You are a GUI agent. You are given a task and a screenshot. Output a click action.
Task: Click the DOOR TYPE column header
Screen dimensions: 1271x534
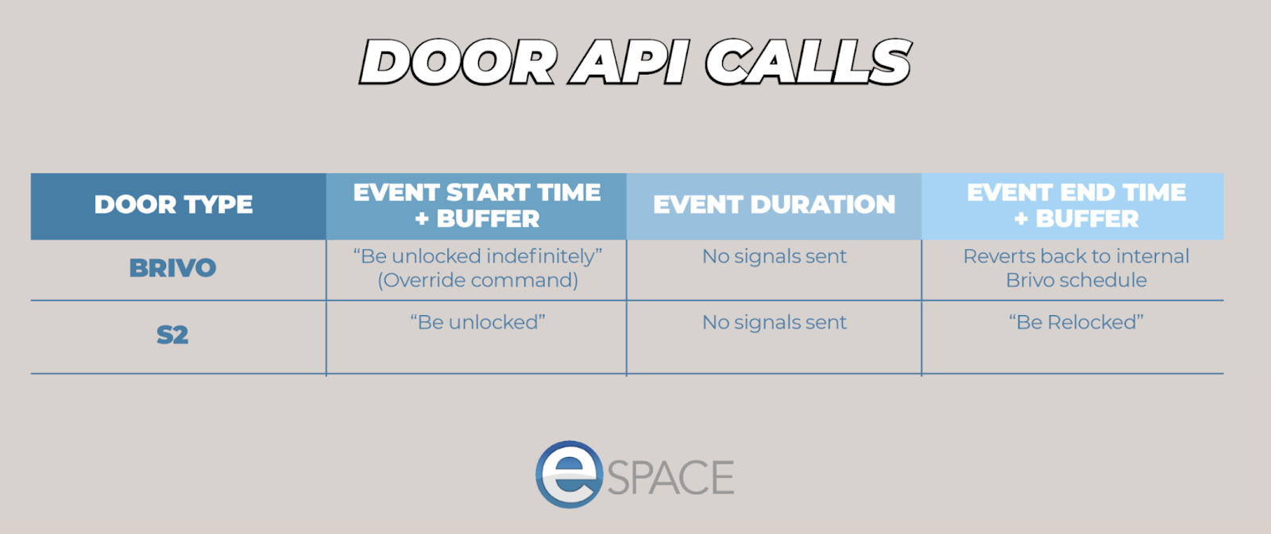[174, 205]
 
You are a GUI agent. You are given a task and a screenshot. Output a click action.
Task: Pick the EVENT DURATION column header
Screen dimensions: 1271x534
[774, 205]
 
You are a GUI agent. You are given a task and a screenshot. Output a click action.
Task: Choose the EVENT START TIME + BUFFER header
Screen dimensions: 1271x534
[477, 206]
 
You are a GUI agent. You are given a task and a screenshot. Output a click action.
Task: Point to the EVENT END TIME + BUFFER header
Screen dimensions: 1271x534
[1076, 206]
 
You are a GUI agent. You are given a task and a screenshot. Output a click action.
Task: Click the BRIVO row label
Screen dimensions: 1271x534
[172, 268]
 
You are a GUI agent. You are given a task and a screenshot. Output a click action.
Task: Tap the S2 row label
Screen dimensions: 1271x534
[172, 335]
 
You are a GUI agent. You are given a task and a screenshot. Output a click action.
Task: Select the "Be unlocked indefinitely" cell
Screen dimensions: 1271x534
[477, 256]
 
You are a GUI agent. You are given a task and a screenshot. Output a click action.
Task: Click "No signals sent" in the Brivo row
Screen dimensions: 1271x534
[774, 256]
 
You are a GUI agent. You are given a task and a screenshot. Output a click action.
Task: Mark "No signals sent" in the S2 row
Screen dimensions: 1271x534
[774, 322]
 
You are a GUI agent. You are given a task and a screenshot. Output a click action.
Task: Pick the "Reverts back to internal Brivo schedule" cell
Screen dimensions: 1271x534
[1076, 268]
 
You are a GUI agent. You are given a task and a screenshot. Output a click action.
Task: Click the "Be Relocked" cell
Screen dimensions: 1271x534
[1076, 322]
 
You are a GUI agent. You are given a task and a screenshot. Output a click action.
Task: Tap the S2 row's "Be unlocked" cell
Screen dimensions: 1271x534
[477, 322]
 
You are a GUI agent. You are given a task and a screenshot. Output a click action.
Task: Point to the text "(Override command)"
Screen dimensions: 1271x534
[477, 280]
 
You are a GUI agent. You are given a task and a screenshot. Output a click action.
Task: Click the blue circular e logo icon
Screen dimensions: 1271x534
[569, 474]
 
